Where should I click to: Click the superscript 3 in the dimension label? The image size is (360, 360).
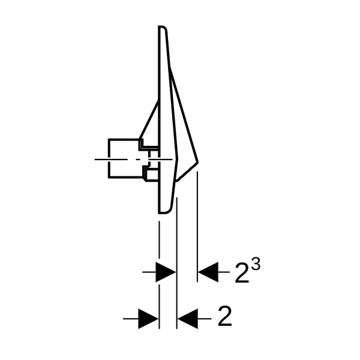pos(256,265)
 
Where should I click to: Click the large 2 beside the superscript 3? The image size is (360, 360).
pos(242,272)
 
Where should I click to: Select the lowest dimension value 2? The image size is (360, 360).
pos(225,316)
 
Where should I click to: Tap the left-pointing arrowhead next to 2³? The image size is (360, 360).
pos(208,272)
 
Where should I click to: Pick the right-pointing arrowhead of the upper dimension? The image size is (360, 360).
pos(166,272)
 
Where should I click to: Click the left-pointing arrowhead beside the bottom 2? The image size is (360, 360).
pos(188,319)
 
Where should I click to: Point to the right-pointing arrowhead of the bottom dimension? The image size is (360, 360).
pos(148,319)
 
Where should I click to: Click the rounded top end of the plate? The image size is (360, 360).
pos(163,27)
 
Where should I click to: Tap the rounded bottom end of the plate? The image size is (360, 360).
pos(164,211)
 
